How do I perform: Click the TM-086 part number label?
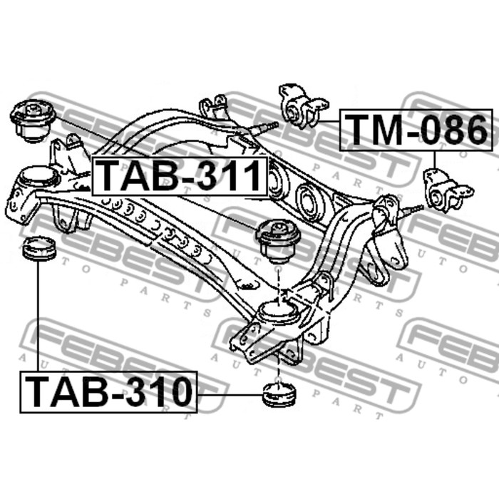(x=416, y=130)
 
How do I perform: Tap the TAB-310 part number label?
(x=108, y=392)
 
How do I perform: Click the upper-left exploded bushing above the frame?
(x=33, y=120)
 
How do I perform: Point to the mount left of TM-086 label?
(x=303, y=107)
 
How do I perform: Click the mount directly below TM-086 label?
(x=448, y=190)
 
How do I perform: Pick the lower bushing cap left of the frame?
(x=40, y=249)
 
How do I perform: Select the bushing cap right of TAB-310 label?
(x=279, y=395)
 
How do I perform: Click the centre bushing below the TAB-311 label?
(x=278, y=241)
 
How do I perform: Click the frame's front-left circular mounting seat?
(x=38, y=176)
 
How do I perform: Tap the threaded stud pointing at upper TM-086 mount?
(x=262, y=128)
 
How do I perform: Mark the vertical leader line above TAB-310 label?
(x=38, y=316)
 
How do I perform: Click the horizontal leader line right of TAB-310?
(x=230, y=395)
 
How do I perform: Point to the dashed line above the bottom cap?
(x=279, y=369)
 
